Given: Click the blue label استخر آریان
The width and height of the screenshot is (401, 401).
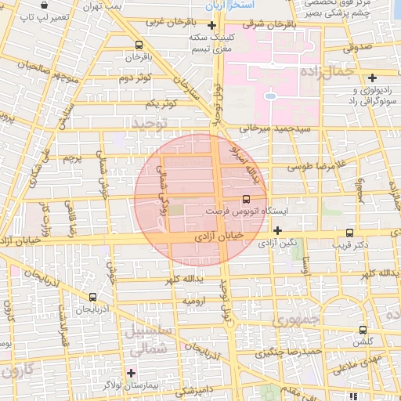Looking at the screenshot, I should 227,5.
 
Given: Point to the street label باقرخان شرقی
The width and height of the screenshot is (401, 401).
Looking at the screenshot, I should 270,24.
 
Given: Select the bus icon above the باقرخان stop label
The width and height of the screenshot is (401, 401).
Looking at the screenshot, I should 139,45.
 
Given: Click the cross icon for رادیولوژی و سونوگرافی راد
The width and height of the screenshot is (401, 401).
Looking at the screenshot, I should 373,78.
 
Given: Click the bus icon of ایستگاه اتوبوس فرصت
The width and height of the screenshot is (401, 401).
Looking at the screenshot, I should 247,199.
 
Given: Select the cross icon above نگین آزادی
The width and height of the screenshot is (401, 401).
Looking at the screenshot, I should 278,229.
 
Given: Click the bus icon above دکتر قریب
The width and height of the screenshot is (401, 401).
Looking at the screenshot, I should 349,232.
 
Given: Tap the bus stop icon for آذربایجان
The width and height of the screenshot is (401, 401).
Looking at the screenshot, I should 93,297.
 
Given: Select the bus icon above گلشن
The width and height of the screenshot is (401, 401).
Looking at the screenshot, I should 362,330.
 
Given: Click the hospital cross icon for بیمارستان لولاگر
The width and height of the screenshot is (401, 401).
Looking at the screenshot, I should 131,372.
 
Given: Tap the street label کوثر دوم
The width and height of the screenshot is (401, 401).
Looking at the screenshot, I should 134,78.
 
